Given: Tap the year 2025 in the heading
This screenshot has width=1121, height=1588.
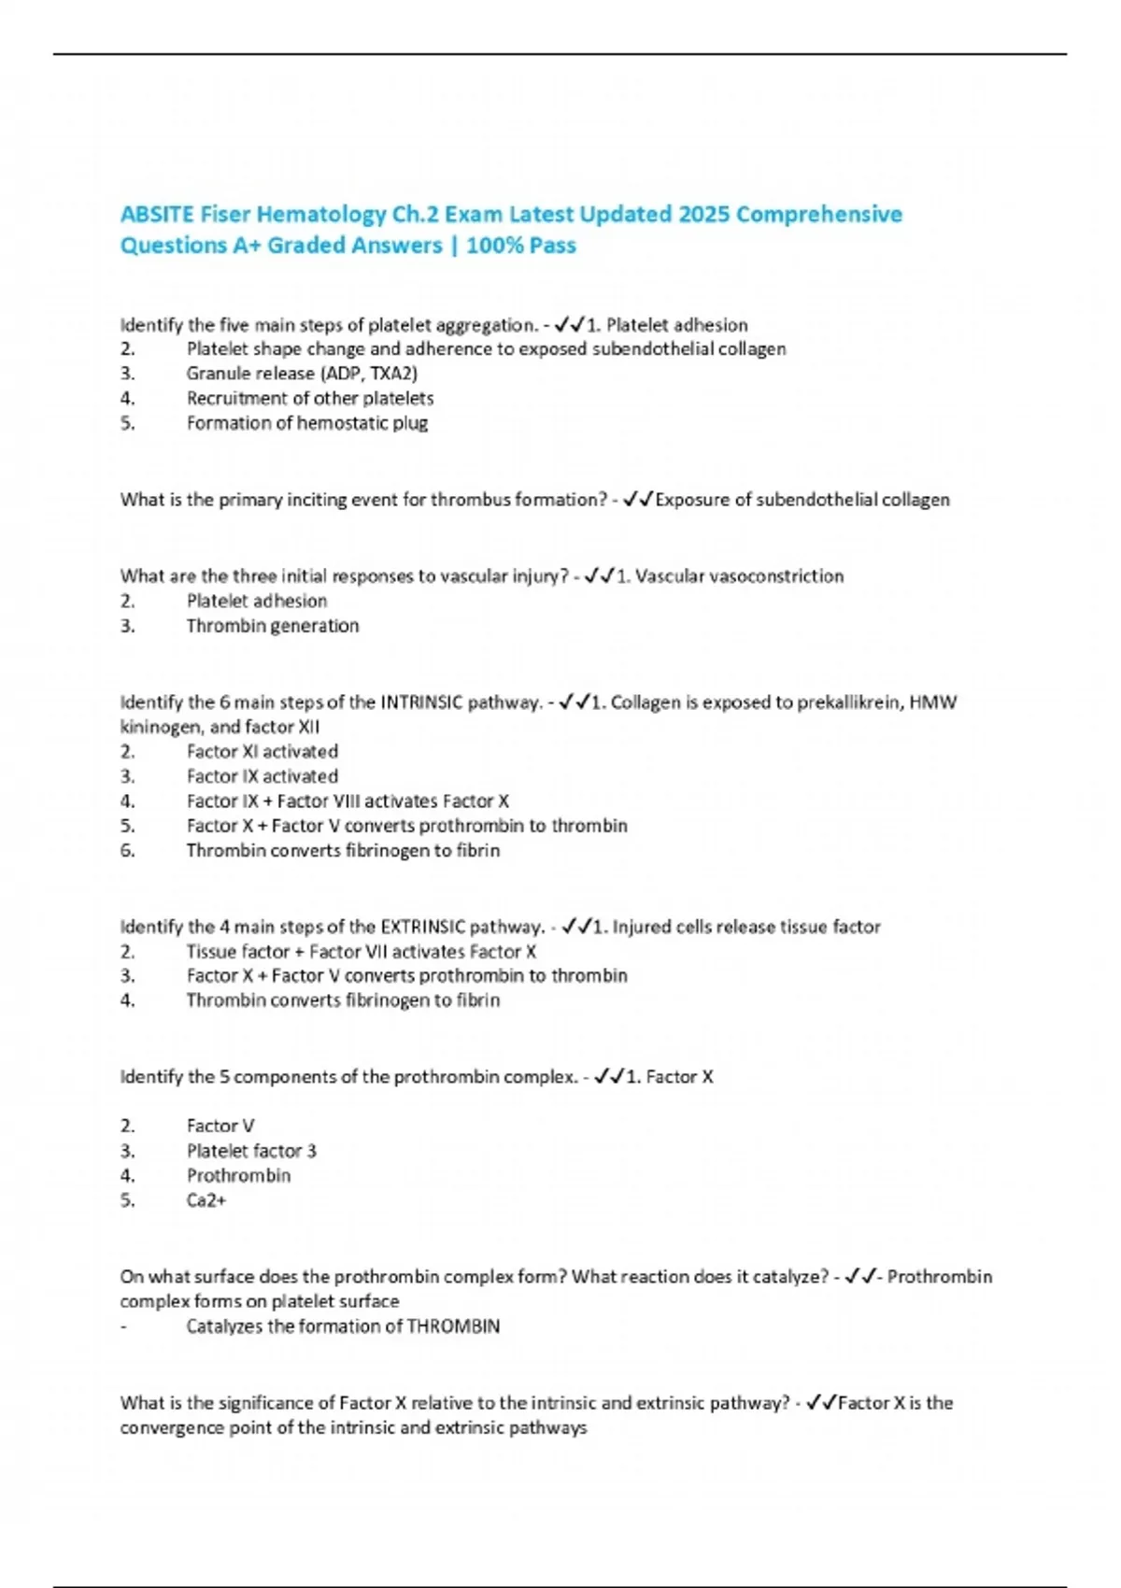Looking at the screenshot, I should tap(704, 215).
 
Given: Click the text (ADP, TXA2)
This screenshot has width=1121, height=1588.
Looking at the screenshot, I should tap(369, 374).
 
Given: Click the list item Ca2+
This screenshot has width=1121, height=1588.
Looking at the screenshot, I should tap(206, 1200).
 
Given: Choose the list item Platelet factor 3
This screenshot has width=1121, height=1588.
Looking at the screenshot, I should tap(251, 1151).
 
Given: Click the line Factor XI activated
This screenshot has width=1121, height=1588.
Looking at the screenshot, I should tap(262, 752).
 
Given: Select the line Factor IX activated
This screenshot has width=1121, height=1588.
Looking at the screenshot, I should tap(262, 776).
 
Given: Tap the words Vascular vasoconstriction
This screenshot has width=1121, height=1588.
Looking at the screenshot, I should tap(739, 576).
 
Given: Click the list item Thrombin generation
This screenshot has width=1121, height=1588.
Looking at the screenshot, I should tap(272, 626).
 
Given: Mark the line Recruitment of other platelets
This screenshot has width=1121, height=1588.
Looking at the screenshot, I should tap(309, 399).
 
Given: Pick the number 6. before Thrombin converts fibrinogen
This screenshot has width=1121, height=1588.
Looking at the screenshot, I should tap(128, 851).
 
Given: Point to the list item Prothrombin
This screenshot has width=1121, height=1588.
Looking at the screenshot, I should tap(238, 1176).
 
